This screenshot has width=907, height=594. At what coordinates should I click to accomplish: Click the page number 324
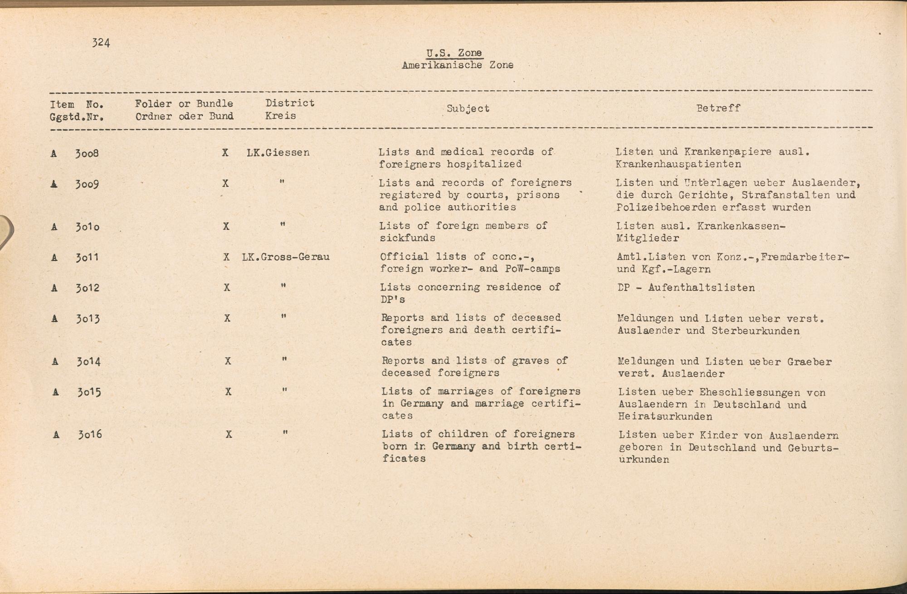point(101,43)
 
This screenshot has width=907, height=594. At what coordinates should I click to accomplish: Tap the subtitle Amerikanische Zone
point(457,65)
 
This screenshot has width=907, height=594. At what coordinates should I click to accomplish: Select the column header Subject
point(468,109)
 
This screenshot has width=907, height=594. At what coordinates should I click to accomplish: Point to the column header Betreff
point(718,108)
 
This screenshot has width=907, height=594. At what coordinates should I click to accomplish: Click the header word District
point(290,103)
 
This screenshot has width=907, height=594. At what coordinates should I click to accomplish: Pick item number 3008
point(87,153)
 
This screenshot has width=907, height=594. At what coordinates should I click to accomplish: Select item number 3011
point(87,258)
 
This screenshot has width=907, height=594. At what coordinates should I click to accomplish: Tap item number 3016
point(89,435)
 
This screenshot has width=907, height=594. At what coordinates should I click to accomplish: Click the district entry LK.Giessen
point(278,153)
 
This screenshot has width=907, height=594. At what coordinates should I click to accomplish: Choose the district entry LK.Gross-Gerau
point(286,257)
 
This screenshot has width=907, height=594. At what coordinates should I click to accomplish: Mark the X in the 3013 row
point(227,318)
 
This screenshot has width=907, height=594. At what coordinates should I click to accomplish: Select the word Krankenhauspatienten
point(678,164)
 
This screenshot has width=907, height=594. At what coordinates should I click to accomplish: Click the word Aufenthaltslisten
point(702,287)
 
